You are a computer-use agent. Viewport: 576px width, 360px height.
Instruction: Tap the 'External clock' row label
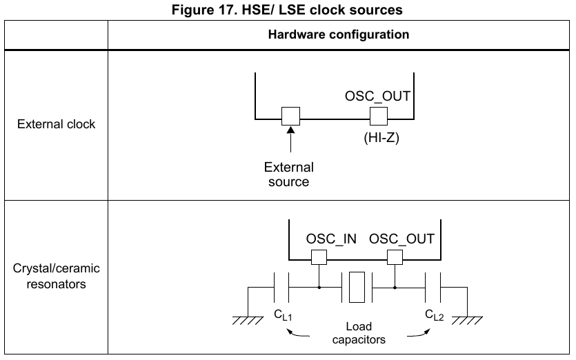[x=57, y=125]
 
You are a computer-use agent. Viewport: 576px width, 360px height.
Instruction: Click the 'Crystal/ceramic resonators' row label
[x=57, y=275]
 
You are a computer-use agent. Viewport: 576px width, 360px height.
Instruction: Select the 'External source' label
[x=289, y=174]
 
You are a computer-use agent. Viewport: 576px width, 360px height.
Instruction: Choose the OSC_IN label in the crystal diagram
[x=331, y=239]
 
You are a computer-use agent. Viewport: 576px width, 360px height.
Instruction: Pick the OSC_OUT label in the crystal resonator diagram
[x=402, y=239]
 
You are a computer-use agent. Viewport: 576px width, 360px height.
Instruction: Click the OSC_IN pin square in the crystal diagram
[x=319, y=258]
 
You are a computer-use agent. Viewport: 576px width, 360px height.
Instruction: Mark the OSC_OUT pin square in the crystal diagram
[x=395, y=258]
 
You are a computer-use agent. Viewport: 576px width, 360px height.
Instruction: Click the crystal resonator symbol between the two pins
[x=357, y=287]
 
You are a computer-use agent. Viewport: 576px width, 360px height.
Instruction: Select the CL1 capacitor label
[x=283, y=317]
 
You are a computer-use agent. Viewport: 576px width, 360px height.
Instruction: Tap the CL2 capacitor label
[x=435, y=317]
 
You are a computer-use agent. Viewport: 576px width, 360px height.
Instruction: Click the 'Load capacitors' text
[x=358, y=332]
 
